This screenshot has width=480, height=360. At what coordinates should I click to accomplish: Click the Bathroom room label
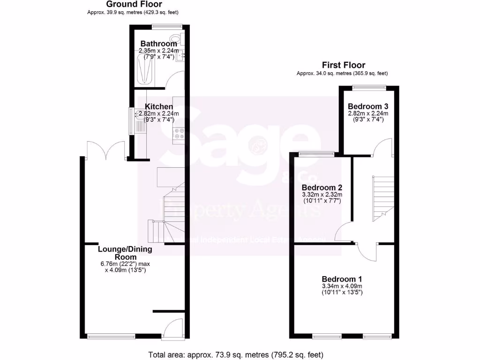tap(159, 44)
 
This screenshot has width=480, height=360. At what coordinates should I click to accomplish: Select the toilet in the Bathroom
tap(178, 38)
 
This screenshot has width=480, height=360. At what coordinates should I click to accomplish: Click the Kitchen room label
tap(159, 107)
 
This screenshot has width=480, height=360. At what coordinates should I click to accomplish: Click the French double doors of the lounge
tap(105, 150)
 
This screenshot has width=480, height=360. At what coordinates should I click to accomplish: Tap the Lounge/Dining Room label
tap(124, 253)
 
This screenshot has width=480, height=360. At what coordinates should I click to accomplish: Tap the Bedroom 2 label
tap(321, 187)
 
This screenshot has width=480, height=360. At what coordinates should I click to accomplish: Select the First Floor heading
tap(343, 65)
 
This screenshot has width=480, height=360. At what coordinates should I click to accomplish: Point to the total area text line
tap(236, 354)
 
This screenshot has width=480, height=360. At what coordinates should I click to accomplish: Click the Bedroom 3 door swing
tap(382, 147)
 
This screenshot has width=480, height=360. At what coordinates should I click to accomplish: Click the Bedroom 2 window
tap(317, 153)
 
